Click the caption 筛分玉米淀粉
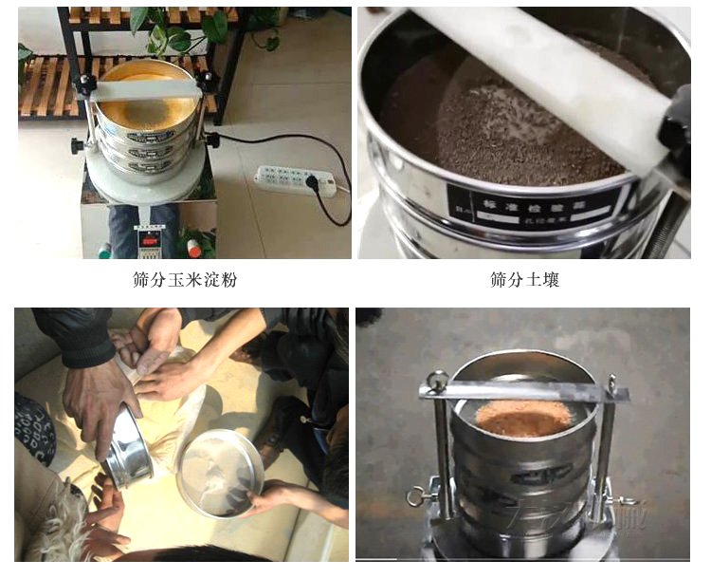[185, 281]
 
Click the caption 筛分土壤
[525, 281]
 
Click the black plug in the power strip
[310, 179]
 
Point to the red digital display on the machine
[149, 238]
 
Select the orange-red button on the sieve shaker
[193, 248]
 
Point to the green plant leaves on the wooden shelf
[172, 34]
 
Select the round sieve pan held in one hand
[220, 472]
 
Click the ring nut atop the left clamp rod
[437, 381]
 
